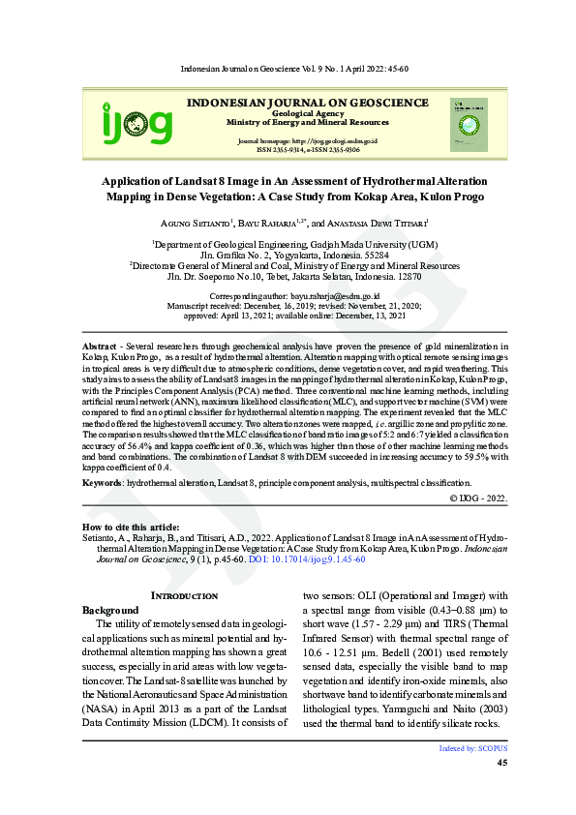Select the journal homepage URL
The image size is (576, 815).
[307, 141]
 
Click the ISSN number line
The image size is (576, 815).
[307, 150]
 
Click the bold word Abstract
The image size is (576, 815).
[100, 345]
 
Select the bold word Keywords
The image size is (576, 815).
[103, 482]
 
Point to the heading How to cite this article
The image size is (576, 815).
[124, 527]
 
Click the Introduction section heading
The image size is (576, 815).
[185, 595]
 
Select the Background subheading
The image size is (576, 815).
[110, 610]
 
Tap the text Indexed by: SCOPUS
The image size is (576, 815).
[473, 748]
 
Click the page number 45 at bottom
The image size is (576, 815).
[501, 764]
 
